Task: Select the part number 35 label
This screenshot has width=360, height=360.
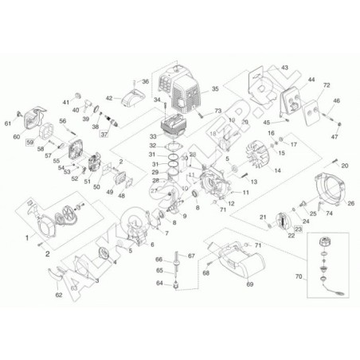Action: coord(214,89)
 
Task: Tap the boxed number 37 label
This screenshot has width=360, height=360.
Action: coord(104,134)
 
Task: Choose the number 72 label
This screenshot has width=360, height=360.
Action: coord(326,84)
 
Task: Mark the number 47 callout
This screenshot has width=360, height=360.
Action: coord(335,137)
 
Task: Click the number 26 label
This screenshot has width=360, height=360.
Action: coord(351,203)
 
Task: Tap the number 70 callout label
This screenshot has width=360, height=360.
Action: coord(299,280)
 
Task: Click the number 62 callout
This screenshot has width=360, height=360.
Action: coord(58,295)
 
